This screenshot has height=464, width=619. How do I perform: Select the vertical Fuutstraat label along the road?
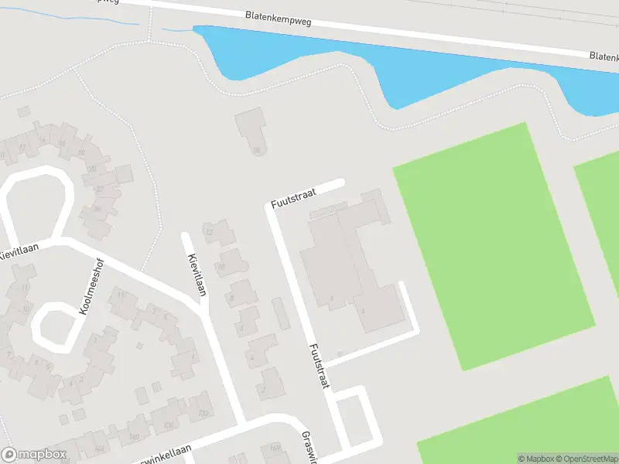[x=320, y=366]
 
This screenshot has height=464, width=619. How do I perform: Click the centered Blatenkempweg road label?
[x=278, y=19]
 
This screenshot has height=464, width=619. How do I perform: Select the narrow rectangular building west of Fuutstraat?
[x=281, y=313]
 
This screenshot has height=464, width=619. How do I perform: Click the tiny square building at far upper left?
[x=23, y=112]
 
